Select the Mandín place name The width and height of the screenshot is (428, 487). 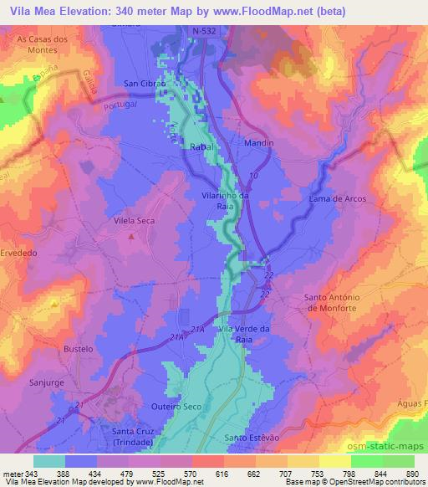click(x=259, y=143)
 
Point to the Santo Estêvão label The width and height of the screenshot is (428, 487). click(x=250, y=438)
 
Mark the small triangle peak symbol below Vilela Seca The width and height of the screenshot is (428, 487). click(x=131, y=237)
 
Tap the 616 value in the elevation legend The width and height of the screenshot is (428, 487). click(x=222, y=473)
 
